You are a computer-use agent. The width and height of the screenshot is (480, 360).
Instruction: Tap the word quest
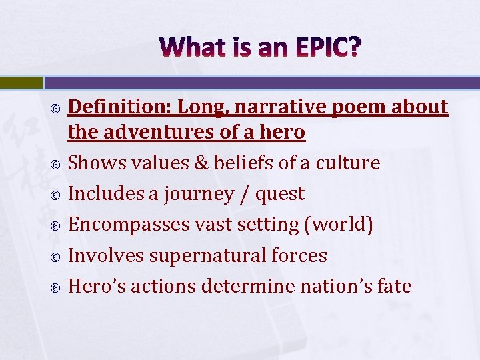[283, 195]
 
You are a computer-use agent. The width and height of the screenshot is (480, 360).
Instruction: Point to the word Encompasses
[129, 225]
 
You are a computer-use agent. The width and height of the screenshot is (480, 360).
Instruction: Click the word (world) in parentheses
[338, 225]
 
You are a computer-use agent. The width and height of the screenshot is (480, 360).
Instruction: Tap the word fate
[394, 287]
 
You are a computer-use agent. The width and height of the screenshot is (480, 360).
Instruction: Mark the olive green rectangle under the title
[21, 83]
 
